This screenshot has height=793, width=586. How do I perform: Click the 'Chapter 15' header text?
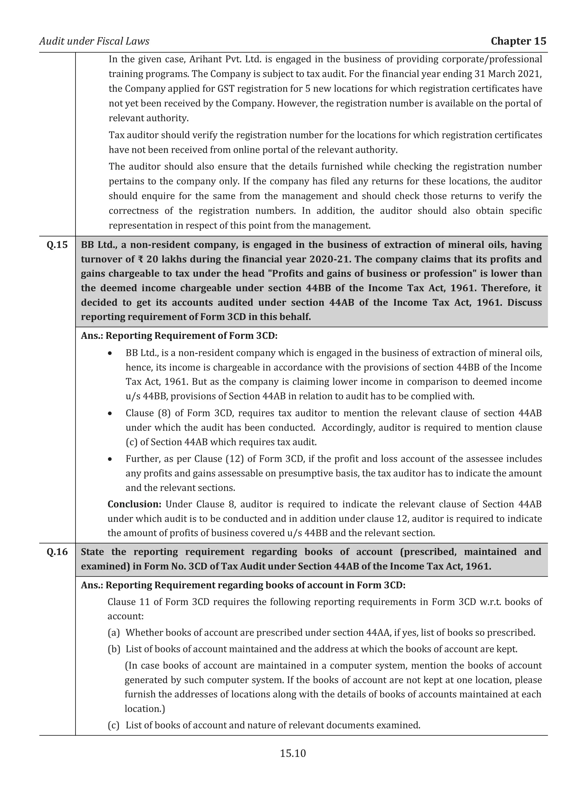pyautogui.click(x=518, y=41)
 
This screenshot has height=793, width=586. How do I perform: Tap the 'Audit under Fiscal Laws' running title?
pyautogui.click(x=94, y=41)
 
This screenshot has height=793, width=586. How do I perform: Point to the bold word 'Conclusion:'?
pyautogui.click(x=134, y=504)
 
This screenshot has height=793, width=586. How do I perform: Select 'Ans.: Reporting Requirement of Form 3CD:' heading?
pyautogui.click(x=179, y=336)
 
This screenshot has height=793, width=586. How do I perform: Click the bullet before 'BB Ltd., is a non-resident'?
pyautogui.click(x=110, y=353)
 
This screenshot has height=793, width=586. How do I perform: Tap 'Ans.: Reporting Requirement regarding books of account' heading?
pyautogui.click(x=243, y=585)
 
